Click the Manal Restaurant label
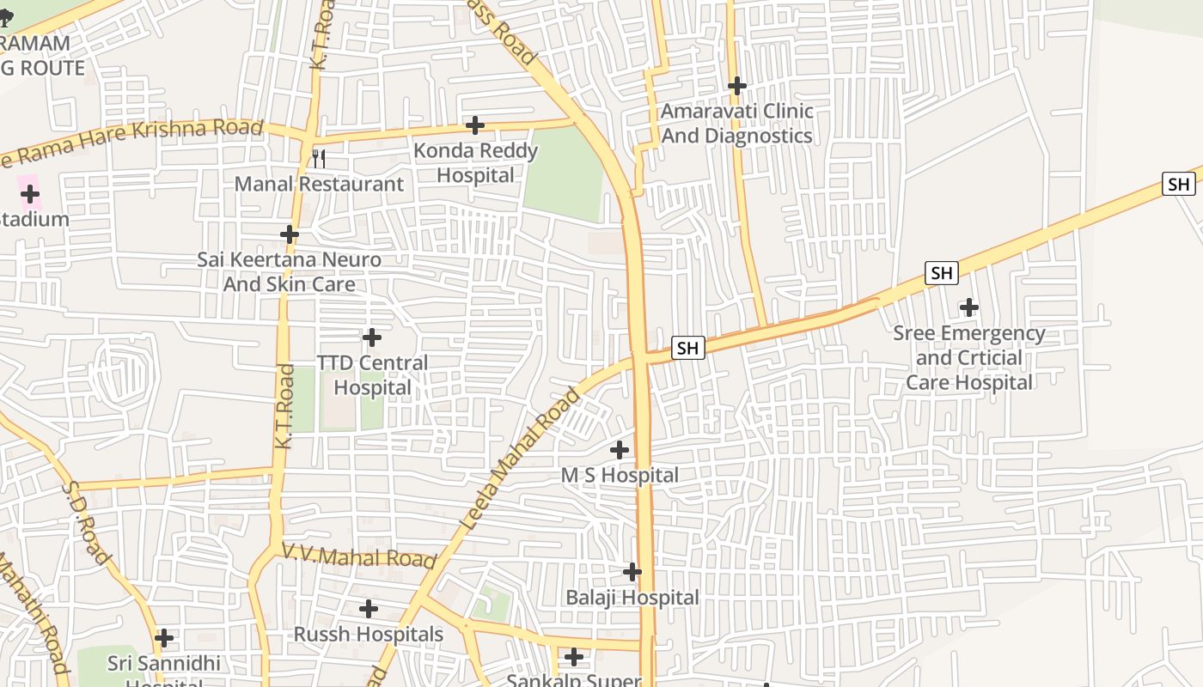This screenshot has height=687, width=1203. (x=319, y=184)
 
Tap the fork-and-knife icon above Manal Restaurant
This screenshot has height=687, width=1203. (x=318, y=158)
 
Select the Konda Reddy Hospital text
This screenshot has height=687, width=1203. (x=475, y=162)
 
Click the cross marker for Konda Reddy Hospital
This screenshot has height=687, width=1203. (x=475, y=125)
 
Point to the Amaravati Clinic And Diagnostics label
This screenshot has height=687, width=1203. (x=736, y=123)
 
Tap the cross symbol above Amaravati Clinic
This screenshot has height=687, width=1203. (x=736, y=86)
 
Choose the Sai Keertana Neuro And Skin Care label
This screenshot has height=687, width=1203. (x=290, y=271)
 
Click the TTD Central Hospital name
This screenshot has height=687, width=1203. (x=372, y=375)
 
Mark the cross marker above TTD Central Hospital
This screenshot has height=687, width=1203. (x=372, y=337)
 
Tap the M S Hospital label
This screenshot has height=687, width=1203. (x=620, y=475)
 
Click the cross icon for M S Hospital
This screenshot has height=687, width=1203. (x=620, y=450)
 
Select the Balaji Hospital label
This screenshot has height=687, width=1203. (x=632, y=597)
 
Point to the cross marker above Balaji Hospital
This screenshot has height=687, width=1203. (x=632, y=572)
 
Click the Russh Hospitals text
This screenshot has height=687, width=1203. (x=369, y=635)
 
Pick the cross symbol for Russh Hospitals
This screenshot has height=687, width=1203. (x=369, y=610)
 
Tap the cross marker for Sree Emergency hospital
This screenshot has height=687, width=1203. (x=969, y=307)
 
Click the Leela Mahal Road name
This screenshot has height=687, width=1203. (x=521, y=459)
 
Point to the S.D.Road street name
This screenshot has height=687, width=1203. (x=85, y=522)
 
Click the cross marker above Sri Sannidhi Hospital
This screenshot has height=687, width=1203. (x=164, y=639)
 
